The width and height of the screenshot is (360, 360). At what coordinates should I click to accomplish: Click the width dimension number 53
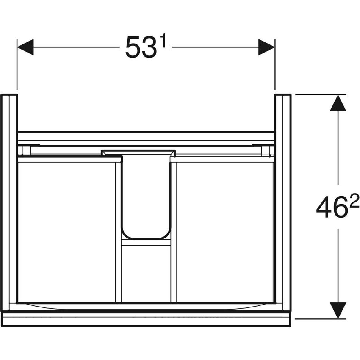[x=138, y=47]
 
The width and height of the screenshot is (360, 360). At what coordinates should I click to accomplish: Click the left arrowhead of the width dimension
[x=25, y=47]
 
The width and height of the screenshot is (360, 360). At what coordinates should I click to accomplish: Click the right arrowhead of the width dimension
[x=266, y=47]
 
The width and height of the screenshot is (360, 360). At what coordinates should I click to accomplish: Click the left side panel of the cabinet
[x=9, y=201]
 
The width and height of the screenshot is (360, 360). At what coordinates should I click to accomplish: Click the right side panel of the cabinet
[x=282, y=201]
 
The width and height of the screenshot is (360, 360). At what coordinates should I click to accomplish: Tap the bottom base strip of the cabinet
[x=146, y=320]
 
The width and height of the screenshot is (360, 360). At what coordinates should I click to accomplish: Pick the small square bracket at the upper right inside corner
[x=266, y=150]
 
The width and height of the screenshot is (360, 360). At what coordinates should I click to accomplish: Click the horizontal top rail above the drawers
[x=146, y=136]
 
